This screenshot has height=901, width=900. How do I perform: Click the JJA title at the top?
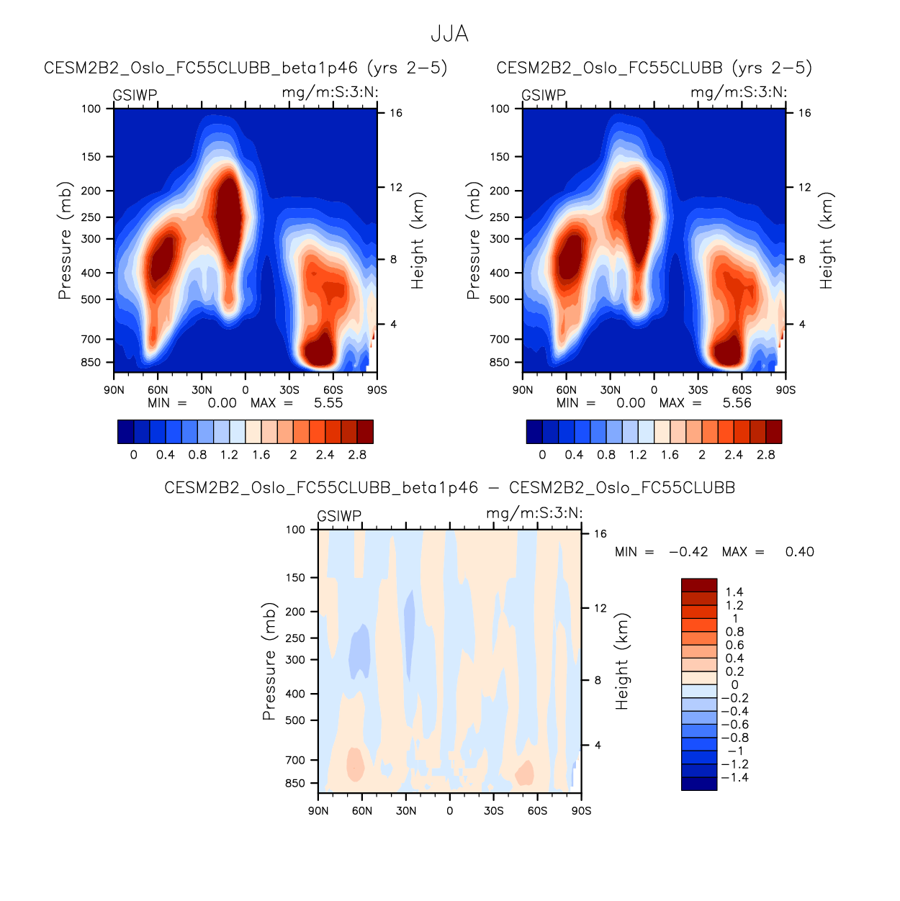pos(449,34)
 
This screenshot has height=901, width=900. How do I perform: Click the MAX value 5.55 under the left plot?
pos(328,403)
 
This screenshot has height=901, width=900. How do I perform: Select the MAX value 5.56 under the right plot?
pos(737,403)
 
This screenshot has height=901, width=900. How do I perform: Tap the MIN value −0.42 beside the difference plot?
pos(688,552)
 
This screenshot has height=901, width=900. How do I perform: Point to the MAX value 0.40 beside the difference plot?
pos(799,552)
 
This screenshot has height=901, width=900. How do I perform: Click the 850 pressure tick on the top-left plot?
pos(91,363)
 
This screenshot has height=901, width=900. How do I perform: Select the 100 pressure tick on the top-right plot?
pos(500,109)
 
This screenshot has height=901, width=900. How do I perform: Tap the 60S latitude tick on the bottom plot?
pos(537,811)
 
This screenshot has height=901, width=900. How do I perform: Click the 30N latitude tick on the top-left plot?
pos(202,390)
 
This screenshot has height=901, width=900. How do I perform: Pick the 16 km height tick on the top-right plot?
pos(804,113)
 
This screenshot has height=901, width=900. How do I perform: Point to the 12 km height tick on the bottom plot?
pos(600,608)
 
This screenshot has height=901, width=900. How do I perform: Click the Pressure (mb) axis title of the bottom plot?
pos(269,661)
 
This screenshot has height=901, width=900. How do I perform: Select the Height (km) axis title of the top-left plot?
pos(418,240)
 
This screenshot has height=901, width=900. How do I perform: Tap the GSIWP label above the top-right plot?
pos(544,95)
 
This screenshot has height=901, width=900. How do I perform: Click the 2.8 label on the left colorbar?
pos(357,455)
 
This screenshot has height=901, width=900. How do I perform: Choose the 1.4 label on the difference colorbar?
pos(734,592)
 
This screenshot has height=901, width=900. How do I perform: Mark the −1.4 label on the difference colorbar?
pos(734,778)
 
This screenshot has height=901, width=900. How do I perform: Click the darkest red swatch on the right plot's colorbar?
pos(773,432)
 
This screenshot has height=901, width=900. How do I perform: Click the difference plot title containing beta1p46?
pos(449,488)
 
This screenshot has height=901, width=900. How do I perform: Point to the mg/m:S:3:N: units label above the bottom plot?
pos(534,513)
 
